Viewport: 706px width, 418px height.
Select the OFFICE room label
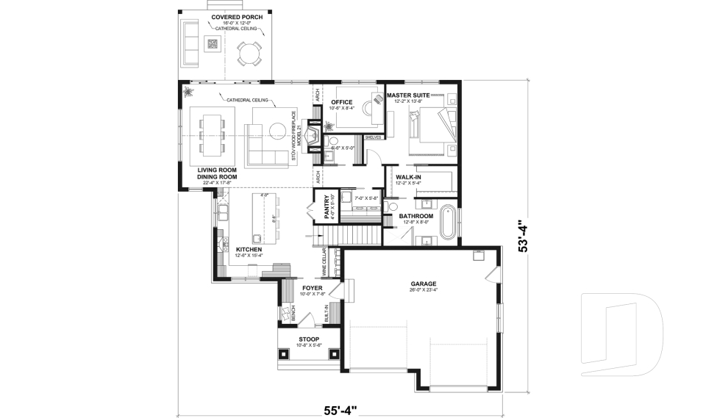point(342,102)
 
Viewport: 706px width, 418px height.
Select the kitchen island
point(265,217)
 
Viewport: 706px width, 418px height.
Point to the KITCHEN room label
point(249,250)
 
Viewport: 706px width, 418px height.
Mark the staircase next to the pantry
point(358,236)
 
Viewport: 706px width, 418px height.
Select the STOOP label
point(309,339)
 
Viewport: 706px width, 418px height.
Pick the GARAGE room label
point(424,284)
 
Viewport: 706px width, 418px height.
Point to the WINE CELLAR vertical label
point(323,263)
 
